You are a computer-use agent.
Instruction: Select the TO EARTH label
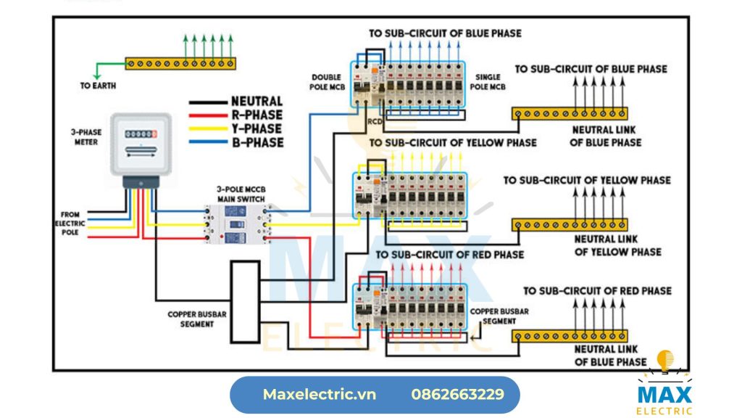tap(98, 86)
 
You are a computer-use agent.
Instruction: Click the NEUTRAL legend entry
tap(257, 102)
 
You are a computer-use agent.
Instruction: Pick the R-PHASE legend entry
tap(257, 115)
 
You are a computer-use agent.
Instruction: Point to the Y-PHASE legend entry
tap(257, 129)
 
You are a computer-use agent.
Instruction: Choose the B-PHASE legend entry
tap(257, 143)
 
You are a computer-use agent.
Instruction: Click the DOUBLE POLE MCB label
tap(326, 82)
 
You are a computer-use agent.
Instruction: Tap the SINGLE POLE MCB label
tap(491, 82)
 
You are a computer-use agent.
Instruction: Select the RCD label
tap(375, 121)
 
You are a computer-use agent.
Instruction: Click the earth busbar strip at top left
tap(180, 64)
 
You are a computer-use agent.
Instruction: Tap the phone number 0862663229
tap(457, 395)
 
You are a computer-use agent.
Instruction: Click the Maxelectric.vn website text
tap(320, 395)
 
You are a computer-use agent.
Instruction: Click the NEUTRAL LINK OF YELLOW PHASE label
tap(617, 245)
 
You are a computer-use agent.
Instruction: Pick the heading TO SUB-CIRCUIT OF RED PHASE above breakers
tap(449, 255)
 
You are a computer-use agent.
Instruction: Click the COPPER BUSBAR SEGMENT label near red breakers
tap(500, 316)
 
